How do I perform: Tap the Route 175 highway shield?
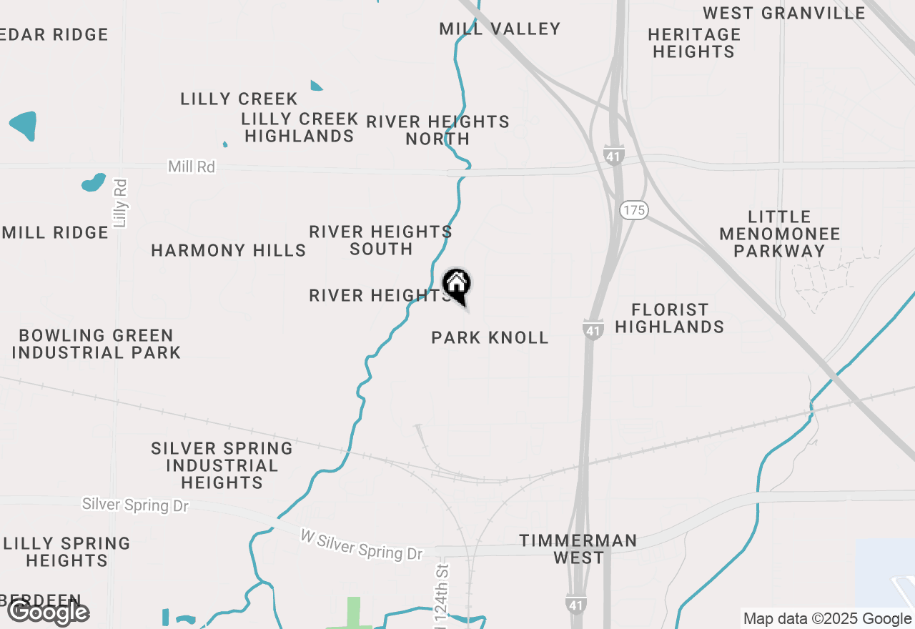633,210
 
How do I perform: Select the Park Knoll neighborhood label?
490,337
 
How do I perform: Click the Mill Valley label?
500,29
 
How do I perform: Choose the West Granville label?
784,13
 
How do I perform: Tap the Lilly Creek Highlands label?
300,127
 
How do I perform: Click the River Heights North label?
437,130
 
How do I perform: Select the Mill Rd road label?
192,167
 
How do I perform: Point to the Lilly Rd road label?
120,204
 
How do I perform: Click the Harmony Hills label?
229,250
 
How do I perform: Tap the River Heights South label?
380,240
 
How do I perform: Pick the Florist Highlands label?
670,318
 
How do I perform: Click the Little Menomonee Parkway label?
780,234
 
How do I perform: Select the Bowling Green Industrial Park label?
96,344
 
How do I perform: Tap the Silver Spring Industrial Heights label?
222,465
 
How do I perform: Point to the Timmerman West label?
578,549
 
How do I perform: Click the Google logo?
48,613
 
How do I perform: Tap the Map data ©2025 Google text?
827,619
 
